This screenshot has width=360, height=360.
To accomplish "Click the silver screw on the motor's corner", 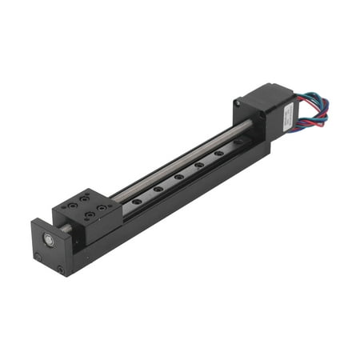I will click(x=239, y=102).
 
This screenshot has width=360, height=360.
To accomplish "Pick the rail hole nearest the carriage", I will click(x=138, y=200).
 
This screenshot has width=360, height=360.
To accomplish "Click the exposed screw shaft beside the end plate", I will click(x=63, y=229).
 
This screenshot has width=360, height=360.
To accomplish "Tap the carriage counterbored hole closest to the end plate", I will click(x=73, y=206).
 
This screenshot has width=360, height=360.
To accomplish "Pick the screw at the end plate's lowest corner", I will click(x=61, y=270).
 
